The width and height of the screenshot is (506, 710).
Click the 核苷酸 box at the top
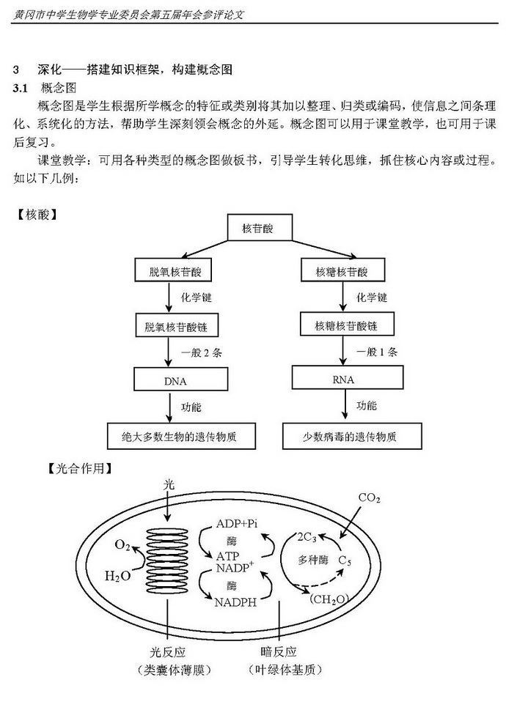(259, 227)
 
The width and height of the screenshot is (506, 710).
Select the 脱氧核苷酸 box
(173, 270)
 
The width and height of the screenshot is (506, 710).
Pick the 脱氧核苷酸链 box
(177, 325)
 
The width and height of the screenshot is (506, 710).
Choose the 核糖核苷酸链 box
(347, 324)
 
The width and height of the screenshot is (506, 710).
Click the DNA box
(180, 379)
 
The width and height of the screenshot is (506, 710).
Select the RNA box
(348, 377)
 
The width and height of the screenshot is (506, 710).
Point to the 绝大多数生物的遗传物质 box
(181, 436)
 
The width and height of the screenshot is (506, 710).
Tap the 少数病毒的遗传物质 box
(352, 436)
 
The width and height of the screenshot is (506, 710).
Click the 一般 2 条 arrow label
(202, 352)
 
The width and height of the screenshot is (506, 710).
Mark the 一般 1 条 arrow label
(377, 352)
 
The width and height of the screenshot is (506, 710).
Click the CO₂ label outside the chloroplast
(369, 498)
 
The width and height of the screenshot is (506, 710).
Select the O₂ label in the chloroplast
(122, 545)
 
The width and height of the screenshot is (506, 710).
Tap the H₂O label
(117, 576)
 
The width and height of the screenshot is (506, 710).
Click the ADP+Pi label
(237, 524)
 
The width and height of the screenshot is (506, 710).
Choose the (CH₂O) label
(329, 599)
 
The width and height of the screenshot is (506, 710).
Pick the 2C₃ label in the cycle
(307, 538)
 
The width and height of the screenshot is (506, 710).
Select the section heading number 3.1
(21, 88)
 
